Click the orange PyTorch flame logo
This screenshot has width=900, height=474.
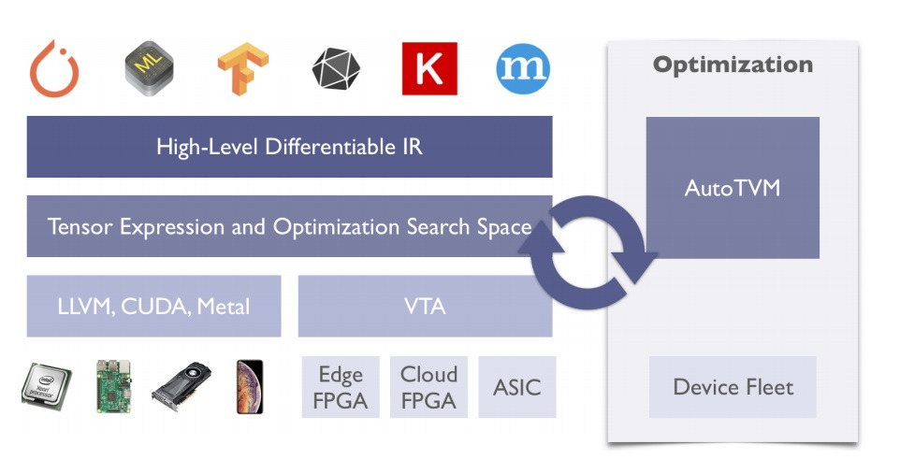click(x=54, y=68)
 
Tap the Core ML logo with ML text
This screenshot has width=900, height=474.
click(x=149, y=68)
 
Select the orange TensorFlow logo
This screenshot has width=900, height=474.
click(x=242, y=69)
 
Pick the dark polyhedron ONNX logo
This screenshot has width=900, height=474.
click(x=336, y=69)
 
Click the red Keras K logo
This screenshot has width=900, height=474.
click(x=429, y=68)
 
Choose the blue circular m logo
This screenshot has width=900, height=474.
click(x=523, y=68)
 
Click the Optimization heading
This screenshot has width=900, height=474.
click(x=733, y=65)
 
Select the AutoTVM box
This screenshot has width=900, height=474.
click(x=733, y=188)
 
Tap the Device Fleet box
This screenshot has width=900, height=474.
click(x=733, y=387)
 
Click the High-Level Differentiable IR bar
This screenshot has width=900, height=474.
click(x=289, y=147)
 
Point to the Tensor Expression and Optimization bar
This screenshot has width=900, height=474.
click(x=289, y=226)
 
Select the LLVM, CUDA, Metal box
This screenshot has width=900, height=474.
click(x=153, y=306)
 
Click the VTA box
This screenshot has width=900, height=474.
click(x=425, y=306)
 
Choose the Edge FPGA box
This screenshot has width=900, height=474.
click(x=341, y=387)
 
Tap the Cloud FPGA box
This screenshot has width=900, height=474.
click(x=428, y=387)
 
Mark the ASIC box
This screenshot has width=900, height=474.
click(x=516, y=387)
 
